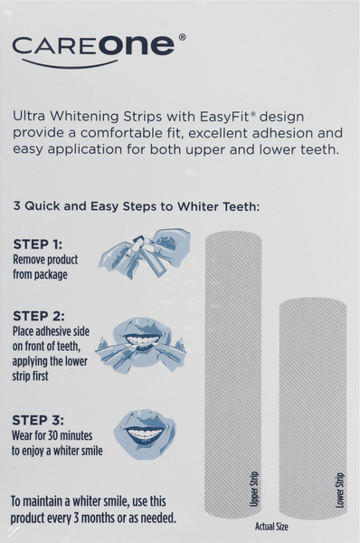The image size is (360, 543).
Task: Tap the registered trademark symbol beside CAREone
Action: [183, 37]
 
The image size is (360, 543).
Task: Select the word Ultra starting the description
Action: [29, 116]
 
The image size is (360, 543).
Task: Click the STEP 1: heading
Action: [38, 244]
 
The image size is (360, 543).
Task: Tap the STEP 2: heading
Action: [39, 316]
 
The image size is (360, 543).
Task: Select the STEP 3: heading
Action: [38, 420]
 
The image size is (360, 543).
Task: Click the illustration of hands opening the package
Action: [145, 252]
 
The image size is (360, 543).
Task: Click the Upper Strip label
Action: [254, 489]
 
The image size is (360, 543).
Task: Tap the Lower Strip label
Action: [340, 491]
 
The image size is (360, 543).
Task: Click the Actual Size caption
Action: [271, 527]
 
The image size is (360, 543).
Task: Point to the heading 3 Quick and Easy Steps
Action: [137, 206]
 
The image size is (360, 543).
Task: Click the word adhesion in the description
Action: [283, 133]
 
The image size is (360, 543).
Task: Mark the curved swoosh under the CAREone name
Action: [70, 64]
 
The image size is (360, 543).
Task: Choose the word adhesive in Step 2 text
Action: [45, 331]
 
